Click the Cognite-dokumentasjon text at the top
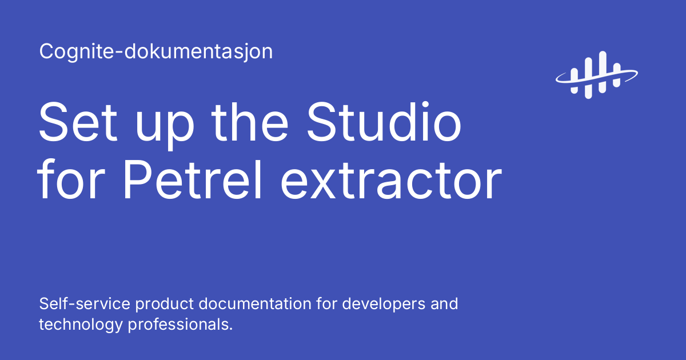[155, 52]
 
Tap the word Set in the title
[77, 122]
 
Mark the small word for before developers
[329, 303]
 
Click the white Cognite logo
[596, 73]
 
